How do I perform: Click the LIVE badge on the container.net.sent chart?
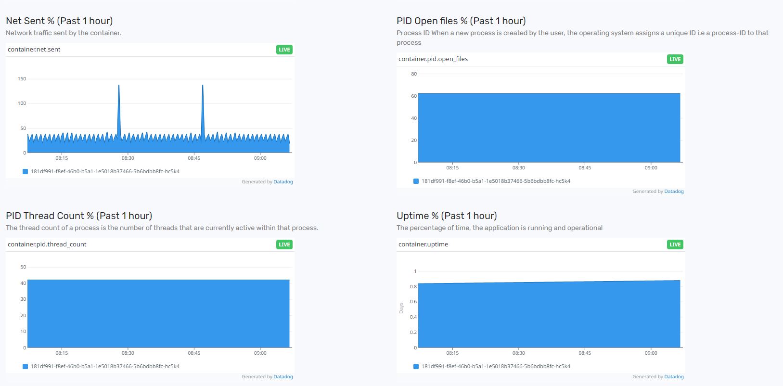[284, 50]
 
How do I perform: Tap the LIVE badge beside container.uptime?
[675, 244]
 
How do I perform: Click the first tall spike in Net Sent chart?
[119, 87]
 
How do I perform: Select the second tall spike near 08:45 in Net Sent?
[203, 87]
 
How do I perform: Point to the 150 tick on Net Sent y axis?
[22, 79]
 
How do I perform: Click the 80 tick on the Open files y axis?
[414, 74]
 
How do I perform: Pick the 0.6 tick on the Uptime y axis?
[413, 302]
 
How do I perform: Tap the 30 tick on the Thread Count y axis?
[23, 299]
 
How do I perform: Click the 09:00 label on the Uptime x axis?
[651, 353]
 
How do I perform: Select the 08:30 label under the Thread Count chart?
[128, 353]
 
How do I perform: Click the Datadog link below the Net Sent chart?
[283, 182]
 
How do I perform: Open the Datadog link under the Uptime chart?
[674, 377]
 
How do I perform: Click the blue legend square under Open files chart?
[416, 181]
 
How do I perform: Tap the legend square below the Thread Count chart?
[25, 367]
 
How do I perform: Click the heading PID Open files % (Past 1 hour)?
[461, 21]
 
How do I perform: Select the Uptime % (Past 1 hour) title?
[447, 216]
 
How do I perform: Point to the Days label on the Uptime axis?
[401, 308]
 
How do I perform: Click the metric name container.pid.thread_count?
[47, 244]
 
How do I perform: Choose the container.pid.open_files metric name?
[433, 59]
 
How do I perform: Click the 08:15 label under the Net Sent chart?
[62, 158]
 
